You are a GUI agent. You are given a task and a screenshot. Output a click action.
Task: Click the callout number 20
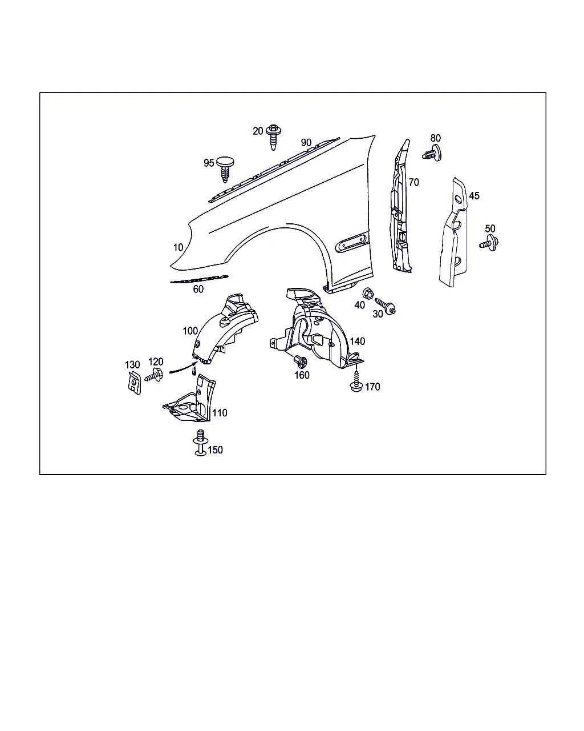[x=258, y=131]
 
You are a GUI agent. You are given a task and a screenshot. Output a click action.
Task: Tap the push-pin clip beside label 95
[x=225, y=169]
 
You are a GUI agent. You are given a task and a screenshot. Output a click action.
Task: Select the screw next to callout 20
[x=273, y=136]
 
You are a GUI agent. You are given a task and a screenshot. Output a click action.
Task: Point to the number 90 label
[x=306, y=142]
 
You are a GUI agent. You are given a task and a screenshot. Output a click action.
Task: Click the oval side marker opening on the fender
[x=352, y=242]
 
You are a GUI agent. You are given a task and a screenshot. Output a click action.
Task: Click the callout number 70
[x=413, y=182]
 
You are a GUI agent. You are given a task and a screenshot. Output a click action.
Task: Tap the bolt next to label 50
[x=489, y=243]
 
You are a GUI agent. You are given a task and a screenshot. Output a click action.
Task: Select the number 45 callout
[x=474, y=196]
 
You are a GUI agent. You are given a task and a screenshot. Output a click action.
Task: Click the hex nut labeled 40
[x=368, y=293]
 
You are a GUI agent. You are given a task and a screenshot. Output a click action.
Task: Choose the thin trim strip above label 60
[x=199, y=279]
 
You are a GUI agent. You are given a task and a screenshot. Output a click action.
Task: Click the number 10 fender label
[x=178, y=247]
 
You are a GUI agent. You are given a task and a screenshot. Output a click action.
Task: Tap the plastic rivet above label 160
[x=300, y=361]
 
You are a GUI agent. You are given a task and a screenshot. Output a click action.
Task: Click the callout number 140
[x=358, y=341]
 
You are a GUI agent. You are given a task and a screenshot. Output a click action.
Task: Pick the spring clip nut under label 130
[x=134, y=383]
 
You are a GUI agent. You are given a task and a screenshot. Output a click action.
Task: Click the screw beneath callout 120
[x=154, y=375]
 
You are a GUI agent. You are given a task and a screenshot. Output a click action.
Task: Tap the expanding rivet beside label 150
[x=200, y=443]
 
